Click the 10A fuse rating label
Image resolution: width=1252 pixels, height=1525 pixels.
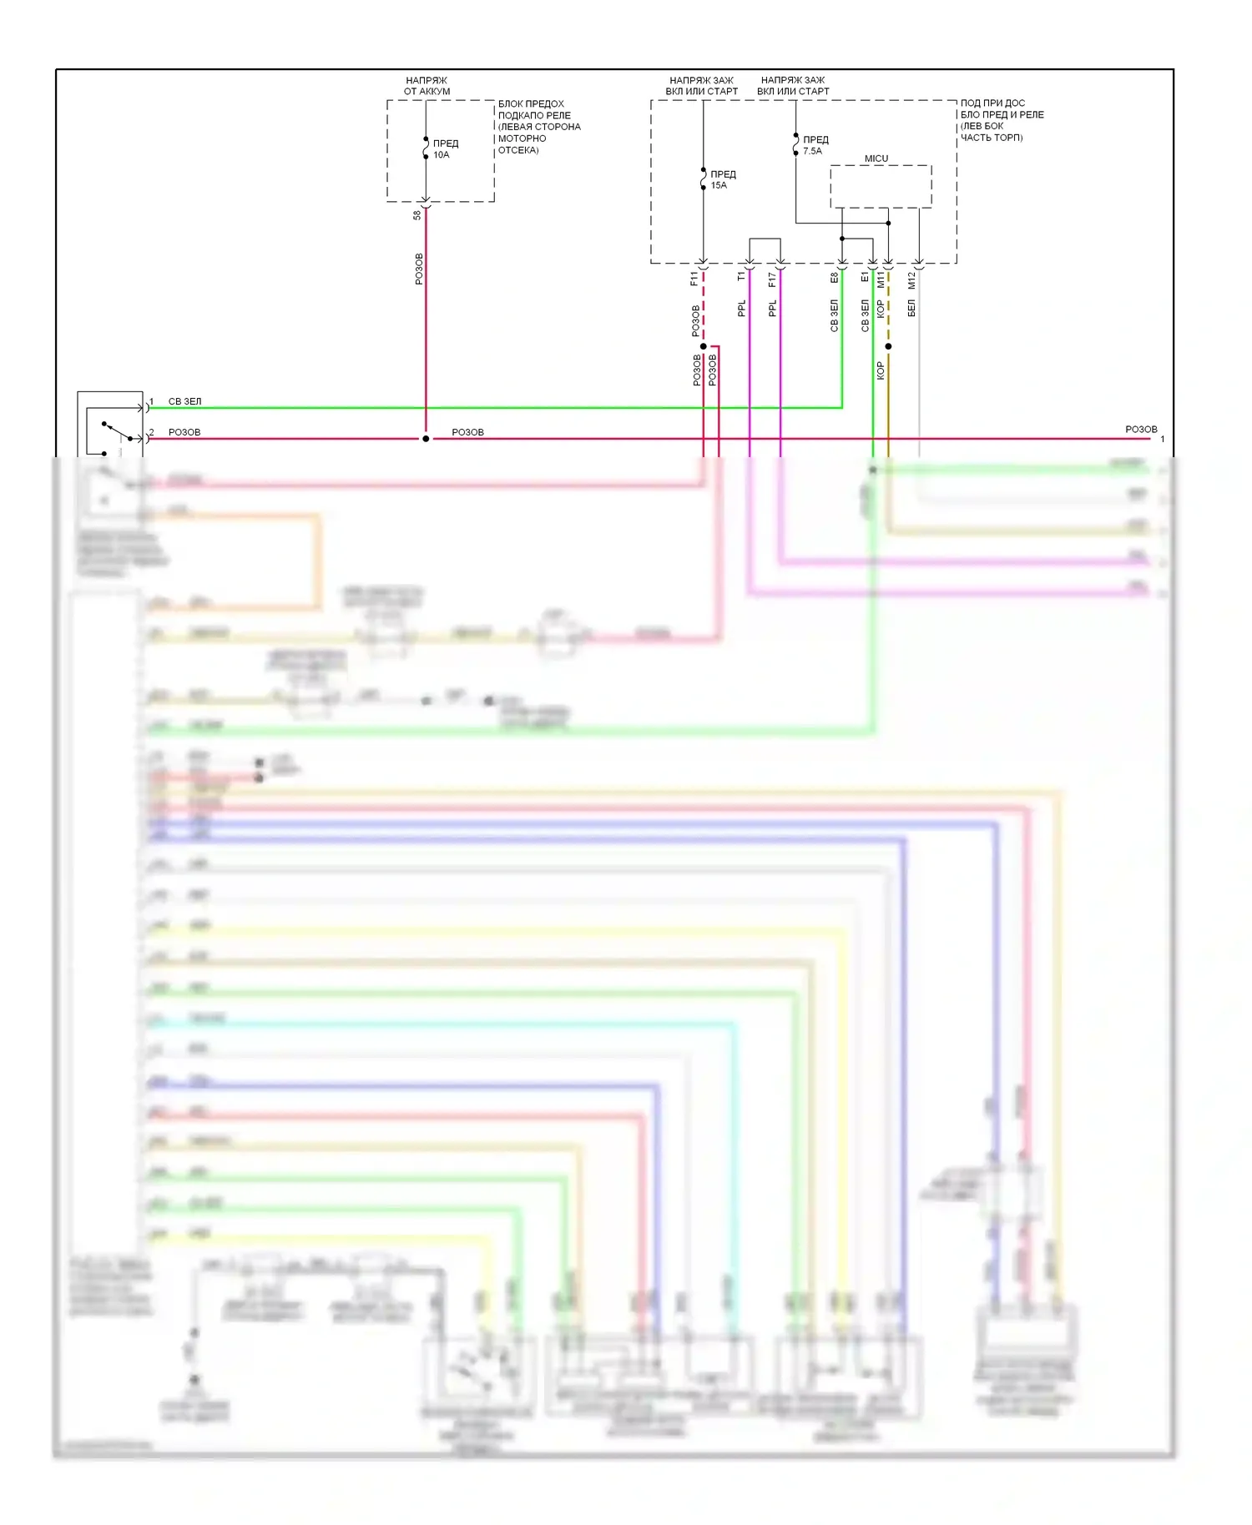pos(441,155)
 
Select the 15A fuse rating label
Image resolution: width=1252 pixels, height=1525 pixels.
pos(719,186)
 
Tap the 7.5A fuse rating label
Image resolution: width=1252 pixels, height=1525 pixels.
pos(812,151)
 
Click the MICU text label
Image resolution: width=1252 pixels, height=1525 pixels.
pos(876,159)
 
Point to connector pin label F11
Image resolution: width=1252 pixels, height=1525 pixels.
pos(694,279)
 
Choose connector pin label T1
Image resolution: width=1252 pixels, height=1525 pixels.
pos(741,276)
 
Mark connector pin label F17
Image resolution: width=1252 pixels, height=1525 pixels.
pos(772,279)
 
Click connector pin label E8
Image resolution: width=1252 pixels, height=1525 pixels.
pos(834,278)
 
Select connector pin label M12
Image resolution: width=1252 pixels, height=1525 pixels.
pos(911,280)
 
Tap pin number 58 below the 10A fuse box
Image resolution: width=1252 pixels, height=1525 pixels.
pos(417,215)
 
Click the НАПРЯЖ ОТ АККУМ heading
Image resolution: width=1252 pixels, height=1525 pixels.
pos(427,86)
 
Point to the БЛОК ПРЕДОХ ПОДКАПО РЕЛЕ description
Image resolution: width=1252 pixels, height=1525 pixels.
pos(538,127)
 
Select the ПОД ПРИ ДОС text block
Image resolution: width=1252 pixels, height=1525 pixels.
pos(1002,120)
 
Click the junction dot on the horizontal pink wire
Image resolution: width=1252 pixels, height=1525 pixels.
pos(426,439)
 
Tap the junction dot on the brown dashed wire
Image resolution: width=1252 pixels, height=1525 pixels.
pos(888,346)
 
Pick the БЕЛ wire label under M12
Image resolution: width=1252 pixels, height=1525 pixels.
pos(911,309)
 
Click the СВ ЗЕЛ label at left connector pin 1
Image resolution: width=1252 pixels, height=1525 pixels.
pos(184,401)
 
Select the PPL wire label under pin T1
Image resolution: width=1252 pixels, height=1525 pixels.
pos(741,310)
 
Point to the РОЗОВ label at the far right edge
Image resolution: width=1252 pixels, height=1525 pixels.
pos(1141,430)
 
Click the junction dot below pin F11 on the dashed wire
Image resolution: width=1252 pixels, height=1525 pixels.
pos(704,346)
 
